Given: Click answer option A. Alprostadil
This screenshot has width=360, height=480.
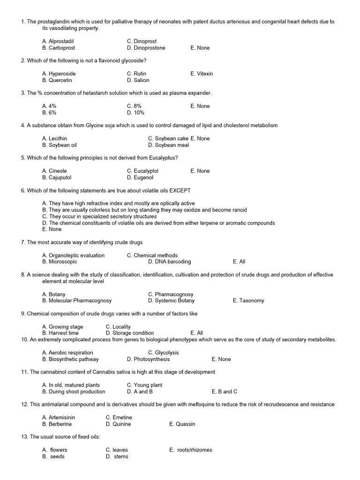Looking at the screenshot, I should point(58,41).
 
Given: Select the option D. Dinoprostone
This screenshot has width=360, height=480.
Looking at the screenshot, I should point(146,48).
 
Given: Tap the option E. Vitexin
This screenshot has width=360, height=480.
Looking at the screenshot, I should point(202,74).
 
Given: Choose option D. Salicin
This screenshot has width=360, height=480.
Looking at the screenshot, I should point(138,80).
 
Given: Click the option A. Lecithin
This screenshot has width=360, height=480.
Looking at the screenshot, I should point(54,138).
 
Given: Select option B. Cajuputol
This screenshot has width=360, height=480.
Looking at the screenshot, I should point(58,178).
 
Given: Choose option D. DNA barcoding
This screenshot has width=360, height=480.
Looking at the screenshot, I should point(169,262).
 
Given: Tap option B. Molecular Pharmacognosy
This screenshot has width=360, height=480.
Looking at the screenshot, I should point(77,300).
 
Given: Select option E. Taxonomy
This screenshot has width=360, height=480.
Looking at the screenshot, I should point(248,300).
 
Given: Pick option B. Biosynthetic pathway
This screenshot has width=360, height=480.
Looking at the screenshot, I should point(70,359).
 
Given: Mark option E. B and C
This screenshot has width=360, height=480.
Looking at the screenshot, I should point(225,391).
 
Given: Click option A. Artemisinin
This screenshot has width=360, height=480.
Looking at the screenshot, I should point(59,417).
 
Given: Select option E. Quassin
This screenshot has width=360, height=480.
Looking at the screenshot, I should point(182,424).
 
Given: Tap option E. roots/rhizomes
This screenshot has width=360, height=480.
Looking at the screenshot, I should point(191,450).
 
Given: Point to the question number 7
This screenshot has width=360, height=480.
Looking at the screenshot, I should point(23,242).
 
